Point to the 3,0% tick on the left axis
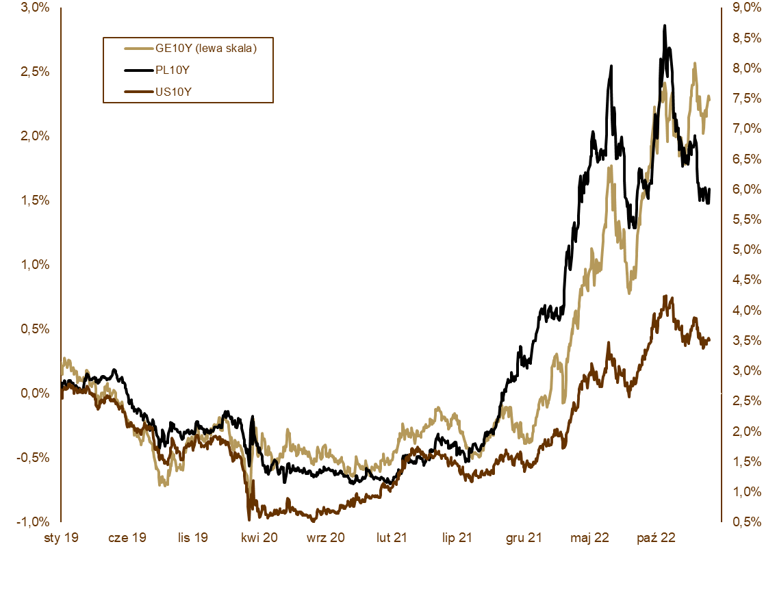click(x=34, y=8)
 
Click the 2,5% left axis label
click(x=34, y=72)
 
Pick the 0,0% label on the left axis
click(x=34, y=394)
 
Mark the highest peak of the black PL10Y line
click(x=664, y=26)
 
